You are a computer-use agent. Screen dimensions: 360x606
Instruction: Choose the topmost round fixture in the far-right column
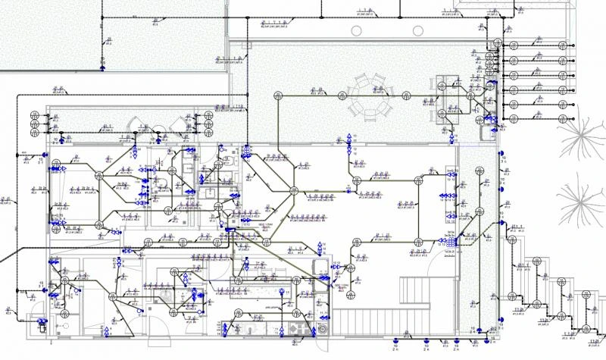pyautogui.click(x=513, y=45)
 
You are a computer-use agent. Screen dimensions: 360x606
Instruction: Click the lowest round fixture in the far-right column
pyautogui.click(x=513, y=117)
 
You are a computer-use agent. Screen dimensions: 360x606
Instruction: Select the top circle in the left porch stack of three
pyautogui.click(x=35, y=114)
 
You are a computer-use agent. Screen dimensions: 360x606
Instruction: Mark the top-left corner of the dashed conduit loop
pyautogui.click(x=18, y=95)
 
